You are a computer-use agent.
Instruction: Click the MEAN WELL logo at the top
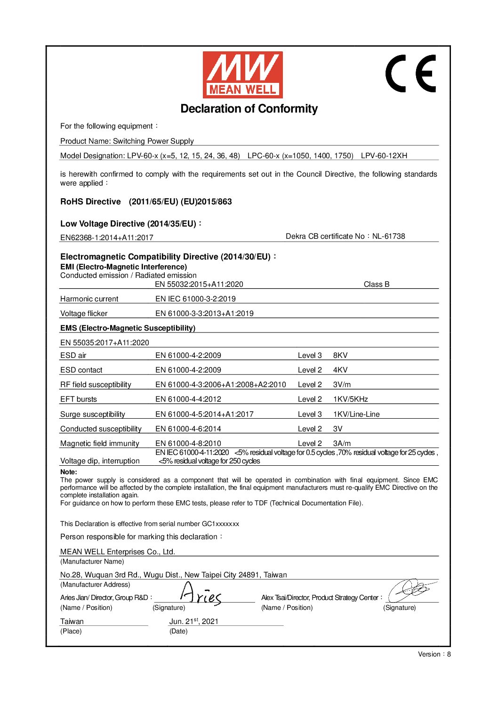pyautogui.click(x=242, y=74)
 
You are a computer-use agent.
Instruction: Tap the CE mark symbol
pyautogui.click(x=410, y=73)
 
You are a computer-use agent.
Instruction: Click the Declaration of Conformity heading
pyautogui.click(x=249, y=109)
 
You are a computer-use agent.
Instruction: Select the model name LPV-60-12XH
pyautogui.click(x=384, y=156)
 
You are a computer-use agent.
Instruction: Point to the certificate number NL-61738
pyautogui.click(x=388, y=236)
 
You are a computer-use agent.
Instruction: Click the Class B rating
pyautogui.click(x=376, y=284)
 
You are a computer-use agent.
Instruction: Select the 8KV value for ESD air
pyautogui.click(x=340, y=356)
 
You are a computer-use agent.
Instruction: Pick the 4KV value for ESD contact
pyautogui.click(x=340, y=370)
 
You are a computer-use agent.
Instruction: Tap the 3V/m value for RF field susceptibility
pyautogui.click(x=342, y=385)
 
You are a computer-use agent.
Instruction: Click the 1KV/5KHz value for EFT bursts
pyautogui.click(x=350, y=399)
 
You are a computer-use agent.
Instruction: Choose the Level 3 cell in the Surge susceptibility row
pyautogui.click(x=310, y=414)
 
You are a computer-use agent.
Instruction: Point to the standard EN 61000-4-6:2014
pyautogui.click(x=188, y=429)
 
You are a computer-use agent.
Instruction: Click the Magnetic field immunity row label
pyautogui.click(x=100, y=444)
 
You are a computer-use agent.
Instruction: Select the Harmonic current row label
pyautogui.click(x=89, y=299)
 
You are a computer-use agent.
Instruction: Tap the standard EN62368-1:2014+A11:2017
pyautogui.click(x=107, y=238)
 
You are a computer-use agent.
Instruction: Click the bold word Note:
pyautogui.click(x=69, y=472)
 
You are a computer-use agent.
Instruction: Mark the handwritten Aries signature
pyautogui.click(x=201, y=594)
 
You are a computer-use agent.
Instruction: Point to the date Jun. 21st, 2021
pyautogui.click(x=194, y=622)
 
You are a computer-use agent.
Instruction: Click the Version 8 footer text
pyautogui.click(x=434, y=654)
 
